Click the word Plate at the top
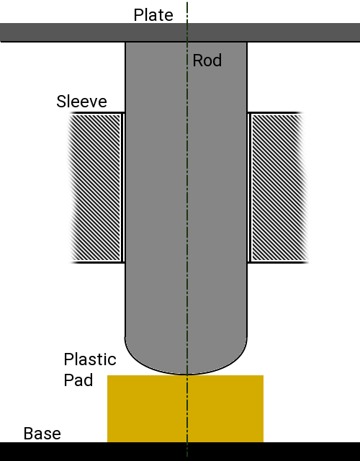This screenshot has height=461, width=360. coord(153,15)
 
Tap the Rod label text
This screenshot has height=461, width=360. coord(207,61)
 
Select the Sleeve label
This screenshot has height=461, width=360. coord(81,102)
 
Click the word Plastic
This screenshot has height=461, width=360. coord(90,359)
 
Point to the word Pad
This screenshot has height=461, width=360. coord(78,380)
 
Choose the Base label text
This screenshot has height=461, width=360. coord(42,434)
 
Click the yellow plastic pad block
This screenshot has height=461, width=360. coord(185,408)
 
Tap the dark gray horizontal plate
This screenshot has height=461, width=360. coord(180,32)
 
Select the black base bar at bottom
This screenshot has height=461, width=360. coord(180,452)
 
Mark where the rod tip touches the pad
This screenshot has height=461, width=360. coord(187,375)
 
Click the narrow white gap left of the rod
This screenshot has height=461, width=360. coord(123,187)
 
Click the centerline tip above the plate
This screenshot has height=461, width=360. coord(187,2)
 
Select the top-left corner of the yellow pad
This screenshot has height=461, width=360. coord(107,375)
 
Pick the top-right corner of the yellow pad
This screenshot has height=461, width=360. coord(264,375)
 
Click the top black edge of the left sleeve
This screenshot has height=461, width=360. coord(97,112)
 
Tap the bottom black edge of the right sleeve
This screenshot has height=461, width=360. coord(278,262)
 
